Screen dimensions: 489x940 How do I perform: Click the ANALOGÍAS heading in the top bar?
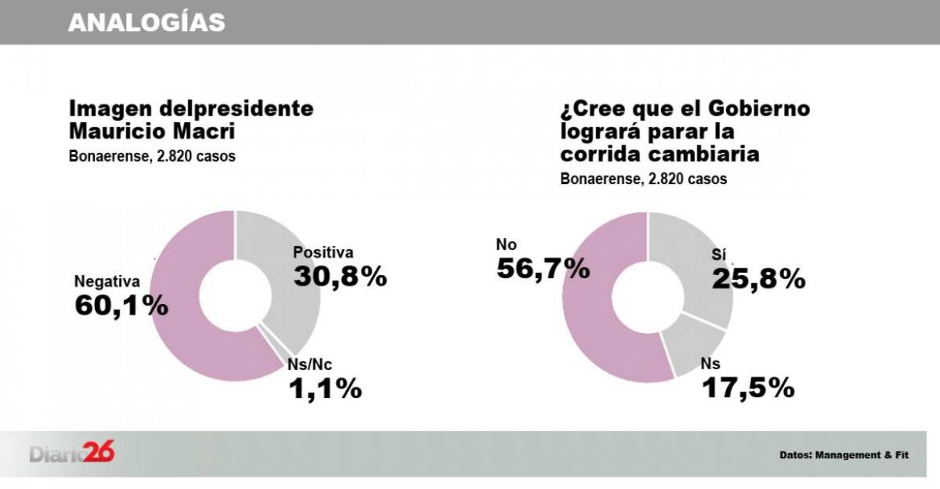coord(146,23)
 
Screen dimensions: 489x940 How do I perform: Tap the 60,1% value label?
coord(121,306)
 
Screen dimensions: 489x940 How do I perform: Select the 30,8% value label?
coord(340,277)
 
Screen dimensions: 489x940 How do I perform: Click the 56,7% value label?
coord(543,269)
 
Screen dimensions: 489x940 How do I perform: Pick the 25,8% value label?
coord(758,278)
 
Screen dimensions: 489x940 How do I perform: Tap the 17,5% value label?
coord(747,387)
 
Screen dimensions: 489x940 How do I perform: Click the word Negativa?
coord(107,281)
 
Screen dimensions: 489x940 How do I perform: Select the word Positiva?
coord(324,252)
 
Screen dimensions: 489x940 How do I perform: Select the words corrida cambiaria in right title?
coord(660,154)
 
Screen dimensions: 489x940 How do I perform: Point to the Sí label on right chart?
coord(719,255)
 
